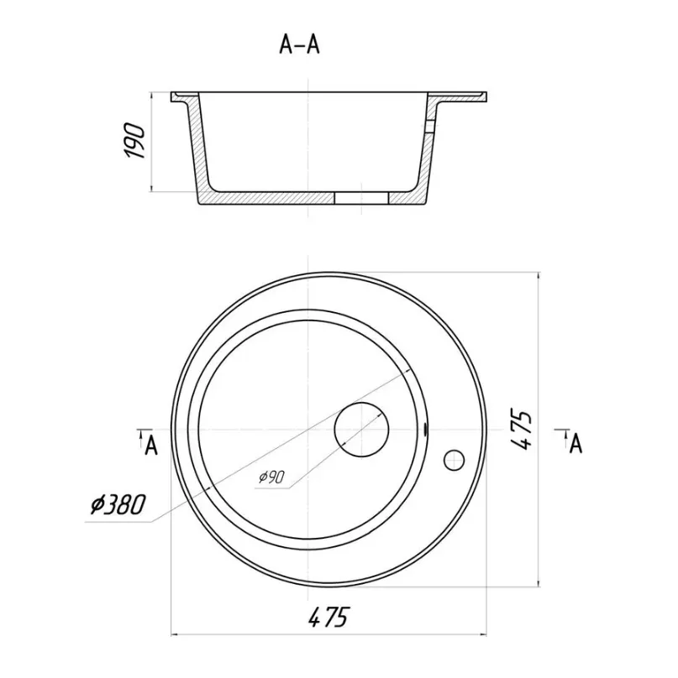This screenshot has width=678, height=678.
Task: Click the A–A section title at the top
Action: coord(300,44)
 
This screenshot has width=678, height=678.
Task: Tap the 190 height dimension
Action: coord(134,141)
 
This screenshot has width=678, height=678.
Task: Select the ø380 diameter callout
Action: coord(118,504)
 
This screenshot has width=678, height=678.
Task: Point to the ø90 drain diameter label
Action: coord(271,477)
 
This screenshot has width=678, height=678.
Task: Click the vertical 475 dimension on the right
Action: coord(521,430)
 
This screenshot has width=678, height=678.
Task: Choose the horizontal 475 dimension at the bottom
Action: coord(328,617)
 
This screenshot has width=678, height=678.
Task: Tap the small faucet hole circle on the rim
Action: coord(455,460)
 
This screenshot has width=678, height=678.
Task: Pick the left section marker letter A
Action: coord(150,446)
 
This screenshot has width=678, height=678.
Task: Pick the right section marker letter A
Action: coord(576,444)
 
